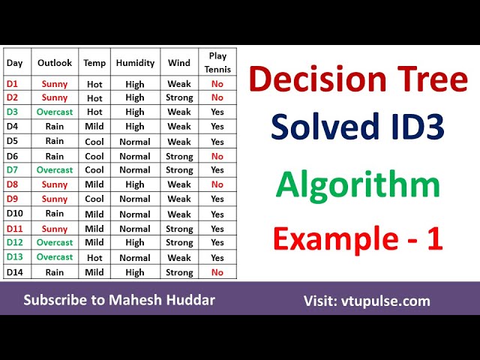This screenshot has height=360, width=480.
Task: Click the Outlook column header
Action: pyautogui.click(x=55, y=63)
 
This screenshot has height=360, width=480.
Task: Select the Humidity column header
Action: pyautogui.click(x=135, y=63)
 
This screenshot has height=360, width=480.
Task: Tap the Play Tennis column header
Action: pyautogui.click(x=217, y=63)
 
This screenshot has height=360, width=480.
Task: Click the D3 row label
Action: pyautogui.click(x=13, y=112)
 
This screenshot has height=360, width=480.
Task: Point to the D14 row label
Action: pyautogui.click(x=16, y=272)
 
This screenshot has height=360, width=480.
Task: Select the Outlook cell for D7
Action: pyautogui.click(x=55, y=170)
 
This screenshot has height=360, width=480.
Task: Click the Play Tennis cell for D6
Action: pyautogui.click(x=217, y=156)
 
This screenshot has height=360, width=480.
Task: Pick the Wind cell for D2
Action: pyautogui.click(x=179, y=98)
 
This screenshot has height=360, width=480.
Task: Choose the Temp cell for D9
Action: pyautogui.click(x=94, y=199)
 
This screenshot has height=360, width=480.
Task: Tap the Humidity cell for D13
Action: pyautogui.click(x=135, y=257)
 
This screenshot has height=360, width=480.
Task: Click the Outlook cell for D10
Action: pyautogui.click(x=55, y=214)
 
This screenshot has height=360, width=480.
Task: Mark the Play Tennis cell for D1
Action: pyautogui.click(x=217, y=84)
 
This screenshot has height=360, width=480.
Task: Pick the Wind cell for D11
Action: pyautogui.click(x=179, y=229)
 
